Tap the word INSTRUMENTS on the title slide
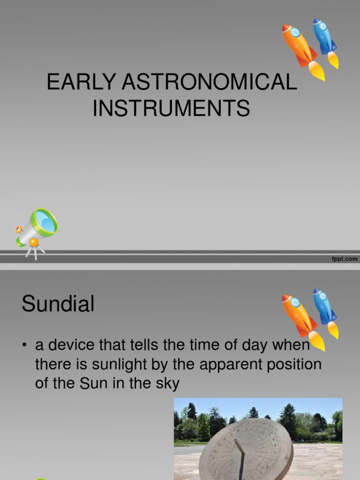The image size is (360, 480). (x=171, y=109)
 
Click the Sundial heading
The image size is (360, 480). (x=58, y=304)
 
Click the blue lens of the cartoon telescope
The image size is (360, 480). (x=45, y=221)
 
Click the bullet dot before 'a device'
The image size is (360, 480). (x=24, y=346)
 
